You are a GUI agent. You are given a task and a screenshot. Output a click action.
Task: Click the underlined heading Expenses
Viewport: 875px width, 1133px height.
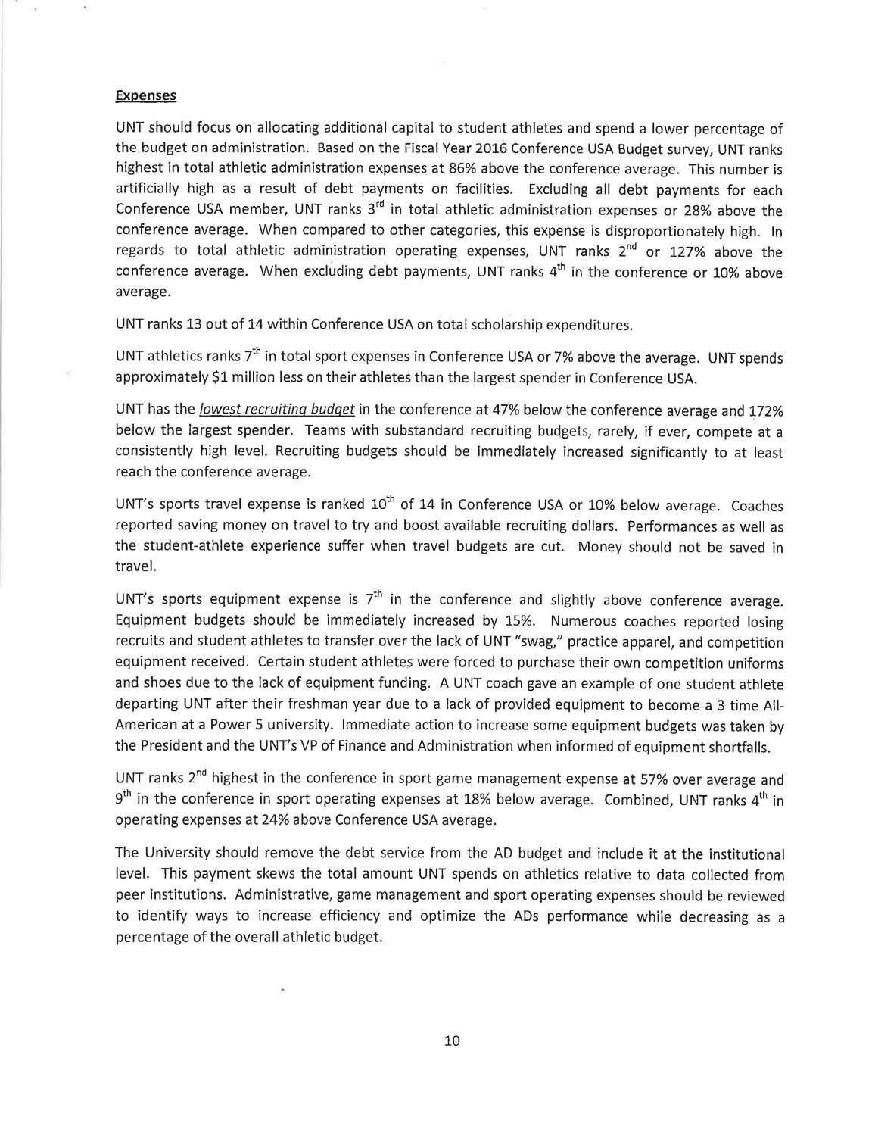pyautogui.click(x=145, y=95)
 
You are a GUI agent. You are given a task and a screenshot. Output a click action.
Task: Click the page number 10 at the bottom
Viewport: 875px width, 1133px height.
pyautogui.click(x=452, y=1041)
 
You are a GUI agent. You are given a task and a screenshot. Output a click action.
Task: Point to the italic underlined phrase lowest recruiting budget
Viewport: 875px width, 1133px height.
pyautogui.click(x=277, y=410)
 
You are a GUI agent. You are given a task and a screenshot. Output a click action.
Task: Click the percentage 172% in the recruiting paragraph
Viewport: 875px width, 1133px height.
pyautogui.click(x=766, y=410)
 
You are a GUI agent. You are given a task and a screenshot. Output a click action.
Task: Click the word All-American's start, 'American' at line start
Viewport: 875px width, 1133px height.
pyautogui.click(x=144, y=725)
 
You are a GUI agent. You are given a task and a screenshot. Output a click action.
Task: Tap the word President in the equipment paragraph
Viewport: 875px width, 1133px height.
pyautogui.click(x=173, y=746)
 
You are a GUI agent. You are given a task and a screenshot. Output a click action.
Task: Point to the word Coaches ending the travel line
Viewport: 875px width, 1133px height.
pyautogui.click(x=758, y=505)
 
